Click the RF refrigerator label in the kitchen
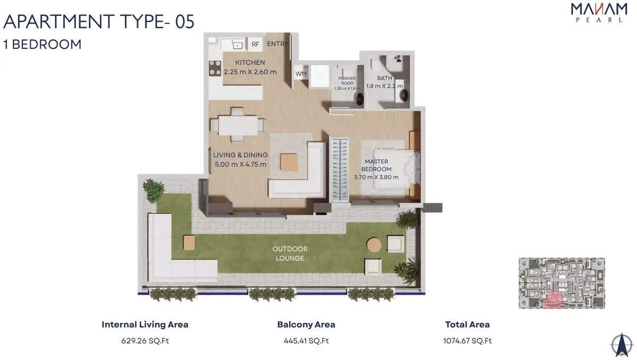click(255, 45)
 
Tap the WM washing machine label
click(301, 74)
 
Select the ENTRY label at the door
click(278, 44)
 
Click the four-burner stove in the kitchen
click(215, 68)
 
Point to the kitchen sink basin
click(237, 45)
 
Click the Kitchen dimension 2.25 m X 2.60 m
click(250, 72)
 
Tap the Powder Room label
click(347, 81)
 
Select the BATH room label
click(384, 78)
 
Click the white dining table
click(238, 125)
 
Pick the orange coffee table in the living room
click(289, 162)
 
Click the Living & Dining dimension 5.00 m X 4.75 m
click(240, 165)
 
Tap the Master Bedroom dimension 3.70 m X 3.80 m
click(376, 177)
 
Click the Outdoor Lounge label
click(290, 253)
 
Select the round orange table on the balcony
click(374, 245)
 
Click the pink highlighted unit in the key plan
click(553, 299)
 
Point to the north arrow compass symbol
click(622, 345)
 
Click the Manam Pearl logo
click(599, 13)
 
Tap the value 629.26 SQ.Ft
click(145, 341)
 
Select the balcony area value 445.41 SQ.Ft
click(306, 341)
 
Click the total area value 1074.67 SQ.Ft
click(467, 341)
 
